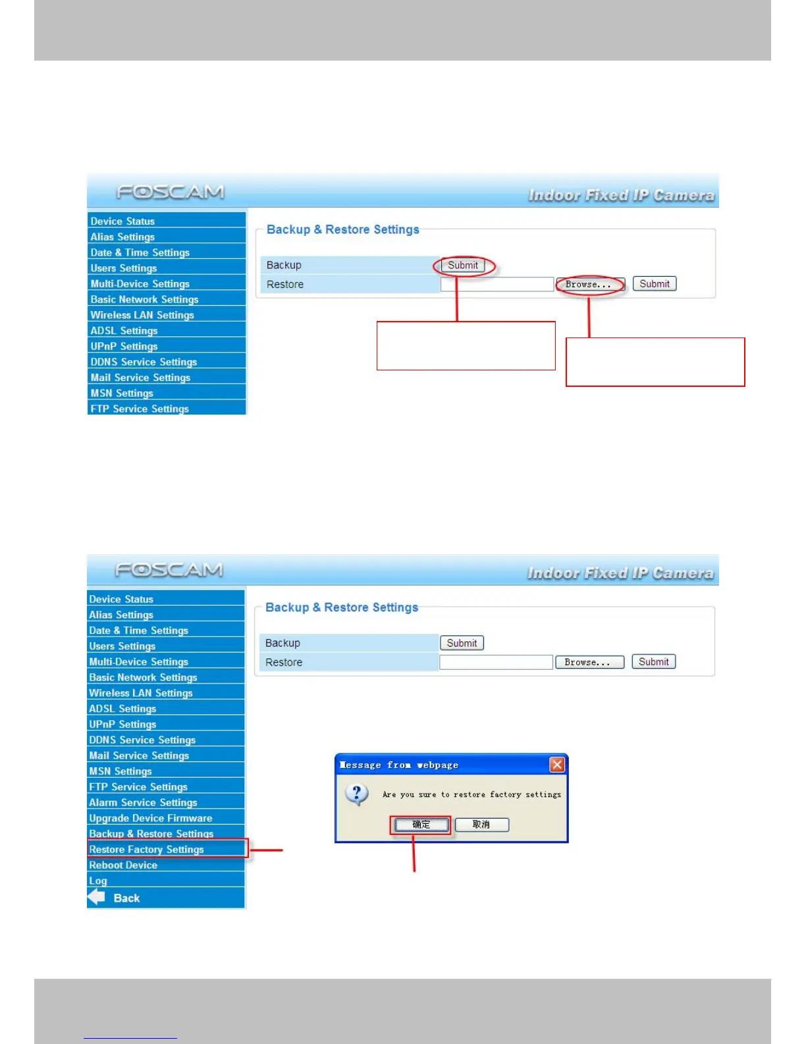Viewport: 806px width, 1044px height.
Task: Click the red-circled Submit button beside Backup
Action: [x=463, y=266]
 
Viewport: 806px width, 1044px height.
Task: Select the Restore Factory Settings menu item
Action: [x=147, y=850]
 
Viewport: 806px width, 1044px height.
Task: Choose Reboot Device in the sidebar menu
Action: [x=123, y=865]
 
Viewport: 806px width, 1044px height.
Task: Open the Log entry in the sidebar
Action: [x=98, y=881]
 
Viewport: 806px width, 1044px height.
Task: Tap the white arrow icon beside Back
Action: [x=97, y=897]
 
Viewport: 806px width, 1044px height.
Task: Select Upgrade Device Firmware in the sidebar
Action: [x=151, y=818]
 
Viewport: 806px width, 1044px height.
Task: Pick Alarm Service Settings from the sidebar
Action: [x=143, y=802]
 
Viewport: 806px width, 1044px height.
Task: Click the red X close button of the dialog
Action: [x=557, y=765]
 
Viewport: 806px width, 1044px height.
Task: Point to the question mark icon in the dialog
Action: [x=356, y=794]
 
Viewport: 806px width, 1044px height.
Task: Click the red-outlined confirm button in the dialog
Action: [x=421, y=825]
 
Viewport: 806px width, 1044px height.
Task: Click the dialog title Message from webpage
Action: [x=399, y=765]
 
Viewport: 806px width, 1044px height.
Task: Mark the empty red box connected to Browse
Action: [x=655, y=362]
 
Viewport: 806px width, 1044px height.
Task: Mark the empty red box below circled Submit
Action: [x=466, y=346]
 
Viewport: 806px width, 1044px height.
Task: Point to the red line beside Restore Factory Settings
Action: [x=266, y=850]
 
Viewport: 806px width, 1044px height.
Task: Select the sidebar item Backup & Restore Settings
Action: [x=151, y=834]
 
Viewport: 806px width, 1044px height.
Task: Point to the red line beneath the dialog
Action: [x=414, y=854]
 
